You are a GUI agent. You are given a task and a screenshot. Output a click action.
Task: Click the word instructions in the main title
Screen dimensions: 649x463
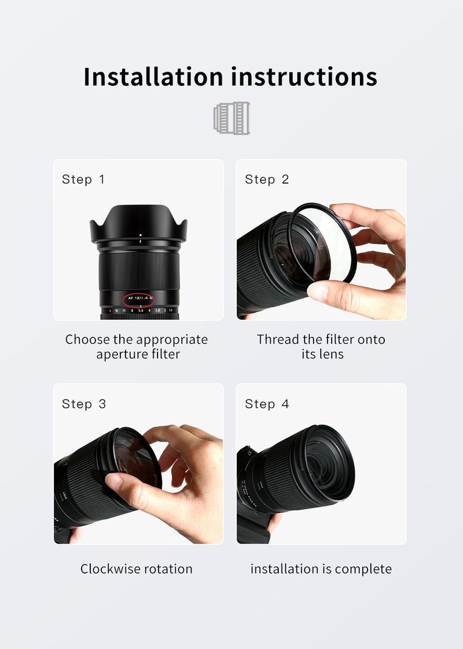tap(303, 77)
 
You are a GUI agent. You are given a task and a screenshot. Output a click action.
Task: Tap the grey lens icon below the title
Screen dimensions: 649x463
tap(231, 118)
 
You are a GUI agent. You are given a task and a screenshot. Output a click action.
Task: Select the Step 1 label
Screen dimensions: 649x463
tap(83, 180)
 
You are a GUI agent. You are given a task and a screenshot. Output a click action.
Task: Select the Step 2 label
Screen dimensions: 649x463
tap(266, 180)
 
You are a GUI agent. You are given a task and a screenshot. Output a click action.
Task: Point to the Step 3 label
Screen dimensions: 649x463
tap(84, 404)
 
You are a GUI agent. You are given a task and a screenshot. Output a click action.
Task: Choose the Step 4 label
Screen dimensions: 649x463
tap(266, 404)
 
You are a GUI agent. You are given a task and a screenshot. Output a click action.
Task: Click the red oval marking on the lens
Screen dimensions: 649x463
tap(139, 299)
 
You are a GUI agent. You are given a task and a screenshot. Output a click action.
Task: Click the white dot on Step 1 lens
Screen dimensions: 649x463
tap(140, 235)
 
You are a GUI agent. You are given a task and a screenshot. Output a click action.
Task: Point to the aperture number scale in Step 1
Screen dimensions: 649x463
tap(139, 311)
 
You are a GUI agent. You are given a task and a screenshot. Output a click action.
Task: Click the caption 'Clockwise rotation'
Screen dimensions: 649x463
tap(136, 569)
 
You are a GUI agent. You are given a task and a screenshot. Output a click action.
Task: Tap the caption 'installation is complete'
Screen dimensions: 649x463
tap(321, 569)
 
